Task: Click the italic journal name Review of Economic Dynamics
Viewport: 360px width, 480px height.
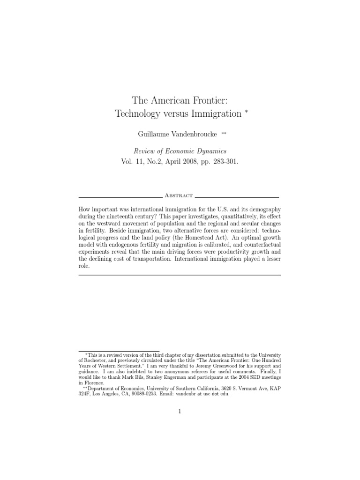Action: [x=180, y=151]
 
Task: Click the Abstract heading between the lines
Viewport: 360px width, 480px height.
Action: [x=179, y=195]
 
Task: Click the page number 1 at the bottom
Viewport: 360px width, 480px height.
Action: [x=180, y=412]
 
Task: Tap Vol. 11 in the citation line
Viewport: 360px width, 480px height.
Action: [x=132, y=162]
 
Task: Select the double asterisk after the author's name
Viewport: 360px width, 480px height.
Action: [x=224, y=133]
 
